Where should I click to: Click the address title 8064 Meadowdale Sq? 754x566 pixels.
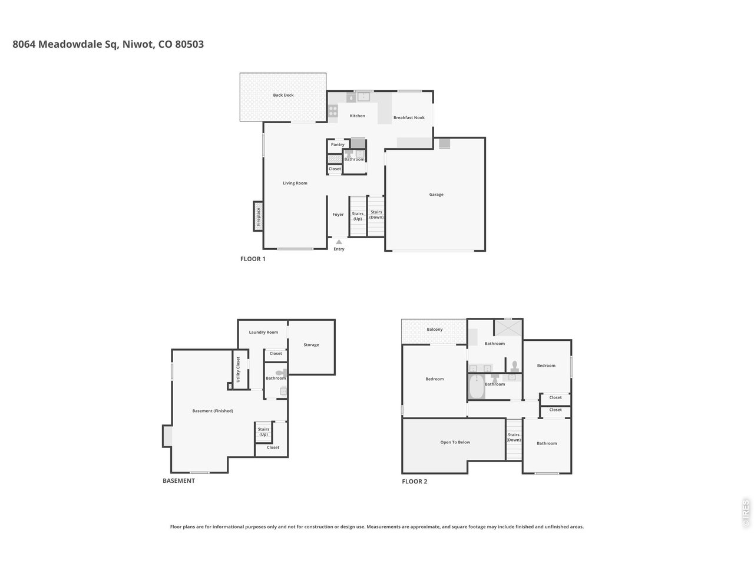[x=108, y=44]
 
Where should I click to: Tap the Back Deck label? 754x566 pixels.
[x=283, y=95]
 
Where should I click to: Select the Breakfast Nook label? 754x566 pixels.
[x=409, y=118]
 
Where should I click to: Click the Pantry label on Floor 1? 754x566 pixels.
[x=338, y=144]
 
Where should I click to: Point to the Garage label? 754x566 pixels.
[x=436, y=195]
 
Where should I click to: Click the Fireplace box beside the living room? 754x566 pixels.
[x=258, y=216]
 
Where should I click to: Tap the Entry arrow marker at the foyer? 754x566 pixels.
[x=339, y=241]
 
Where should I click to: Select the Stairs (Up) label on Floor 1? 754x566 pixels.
[x=358, y=216]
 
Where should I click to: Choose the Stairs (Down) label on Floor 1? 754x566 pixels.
[x=376, y=215]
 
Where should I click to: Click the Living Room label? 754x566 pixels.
[x=295, y=183]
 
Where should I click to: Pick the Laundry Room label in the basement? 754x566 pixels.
[x=263, y=333]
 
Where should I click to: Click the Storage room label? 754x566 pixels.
[x=311, y=345]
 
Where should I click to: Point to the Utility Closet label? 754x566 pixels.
[x=239, y=370]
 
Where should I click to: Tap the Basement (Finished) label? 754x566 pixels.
[x=213, y=411]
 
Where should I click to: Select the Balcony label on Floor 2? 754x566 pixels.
[x=434, y=330]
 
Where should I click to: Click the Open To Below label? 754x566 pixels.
[x=455, y=442]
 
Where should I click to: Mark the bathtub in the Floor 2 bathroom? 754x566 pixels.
[x=475, y=388]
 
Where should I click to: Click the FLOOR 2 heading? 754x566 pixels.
[x=414, y=482]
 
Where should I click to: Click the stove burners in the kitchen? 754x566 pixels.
[x=333, y=110]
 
